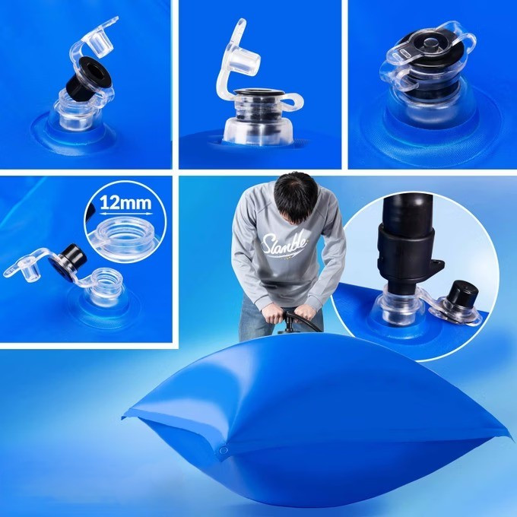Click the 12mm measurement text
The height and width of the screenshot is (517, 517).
point(125,202)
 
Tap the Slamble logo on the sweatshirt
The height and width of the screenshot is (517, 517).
point(284,244)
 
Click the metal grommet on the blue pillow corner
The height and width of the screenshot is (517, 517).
point(224,450)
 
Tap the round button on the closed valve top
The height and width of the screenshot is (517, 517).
point(429,43)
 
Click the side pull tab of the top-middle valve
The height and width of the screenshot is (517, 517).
point(293,100)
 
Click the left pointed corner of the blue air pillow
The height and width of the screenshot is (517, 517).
point(122,417)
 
